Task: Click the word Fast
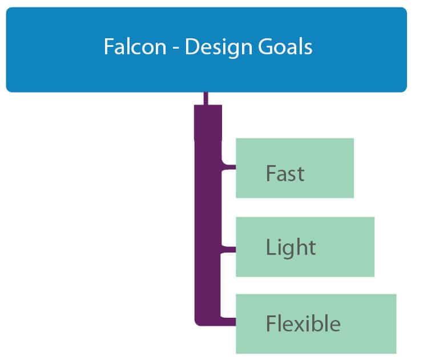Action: [285, 173]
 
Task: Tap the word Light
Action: [291, 247]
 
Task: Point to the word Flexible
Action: [303, 324]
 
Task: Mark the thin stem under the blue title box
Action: [206, 98]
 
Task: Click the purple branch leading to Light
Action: [228, 249]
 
